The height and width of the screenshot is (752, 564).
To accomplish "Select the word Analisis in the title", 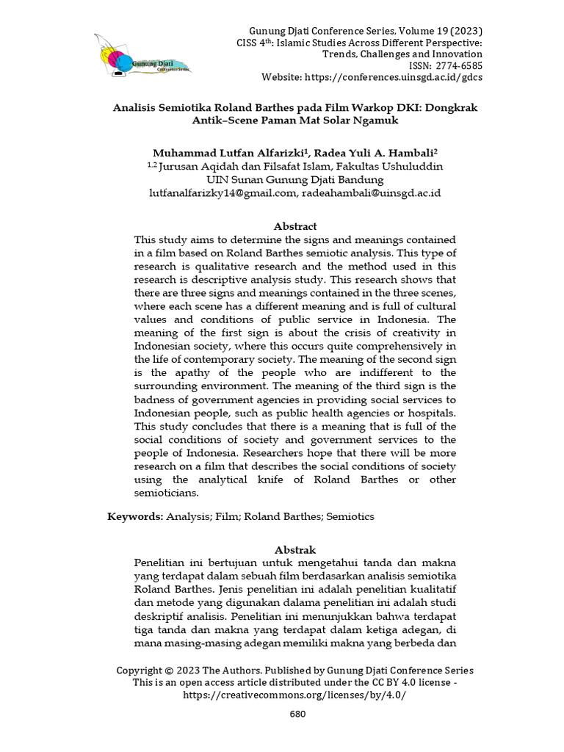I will tap(138, 107).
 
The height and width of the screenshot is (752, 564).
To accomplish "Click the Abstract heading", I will tap(295, 226).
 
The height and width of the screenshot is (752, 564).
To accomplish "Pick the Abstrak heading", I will tap(295, 549).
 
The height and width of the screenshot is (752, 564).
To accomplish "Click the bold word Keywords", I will tap(134, 516).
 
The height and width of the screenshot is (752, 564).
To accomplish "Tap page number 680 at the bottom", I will tap(297, 714).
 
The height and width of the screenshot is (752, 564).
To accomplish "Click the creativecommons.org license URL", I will tap(294, 695).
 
